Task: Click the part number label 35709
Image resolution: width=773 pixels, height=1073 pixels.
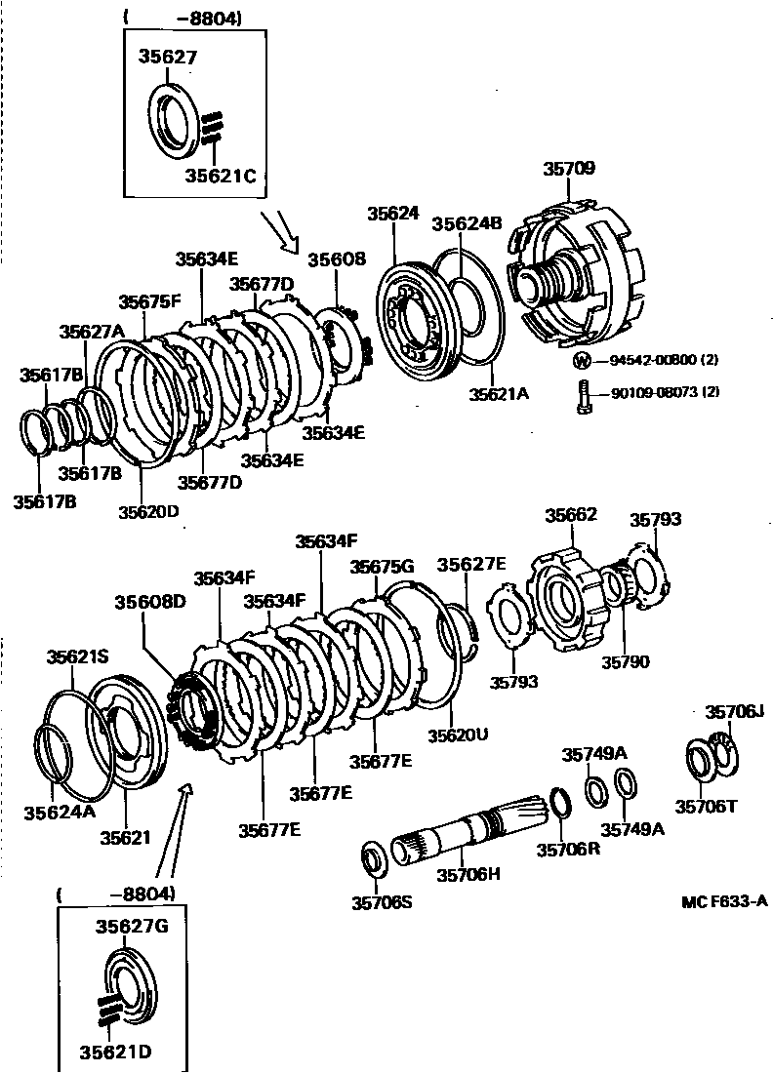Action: (569, 168)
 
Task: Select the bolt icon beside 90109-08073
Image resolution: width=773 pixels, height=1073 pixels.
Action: (583, 397)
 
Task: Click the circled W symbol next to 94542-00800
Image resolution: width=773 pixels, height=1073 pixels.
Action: (583, 360)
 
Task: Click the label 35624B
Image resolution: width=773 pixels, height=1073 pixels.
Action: (467, 222)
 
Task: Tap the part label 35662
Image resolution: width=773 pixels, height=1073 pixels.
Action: (571, 515)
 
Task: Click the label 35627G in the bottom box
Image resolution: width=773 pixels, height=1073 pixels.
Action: (132, 926)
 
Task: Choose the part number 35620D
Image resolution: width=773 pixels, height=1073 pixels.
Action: (148, 510)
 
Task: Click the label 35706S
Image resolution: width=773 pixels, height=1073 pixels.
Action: (382, 902)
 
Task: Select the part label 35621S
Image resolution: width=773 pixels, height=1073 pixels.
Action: (79, 657)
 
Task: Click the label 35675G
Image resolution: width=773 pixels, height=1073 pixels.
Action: (383, 567)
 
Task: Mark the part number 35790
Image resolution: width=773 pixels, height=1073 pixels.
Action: (625, 661)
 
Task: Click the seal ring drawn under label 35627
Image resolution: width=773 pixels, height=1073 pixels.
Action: (177, 120)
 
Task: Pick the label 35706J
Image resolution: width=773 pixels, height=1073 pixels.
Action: (735, 712)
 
